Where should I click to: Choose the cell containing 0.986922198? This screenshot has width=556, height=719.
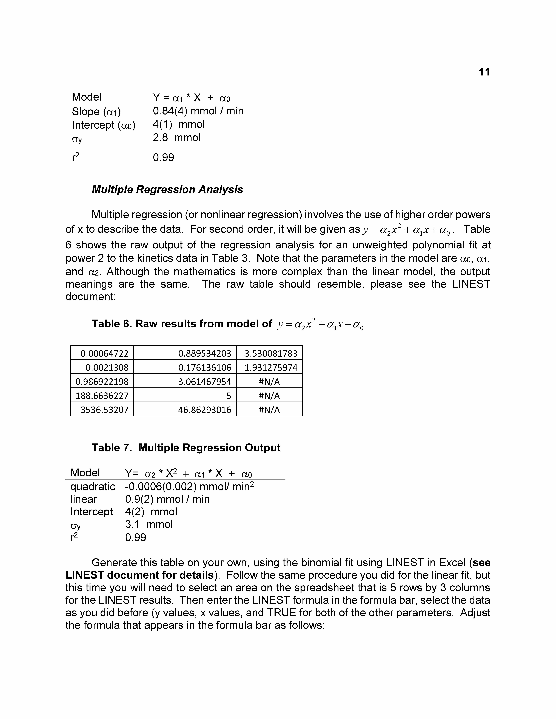[102, 382]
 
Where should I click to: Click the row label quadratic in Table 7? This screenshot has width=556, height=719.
[93, 487]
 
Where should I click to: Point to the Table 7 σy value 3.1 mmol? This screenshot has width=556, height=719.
[149, 524]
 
